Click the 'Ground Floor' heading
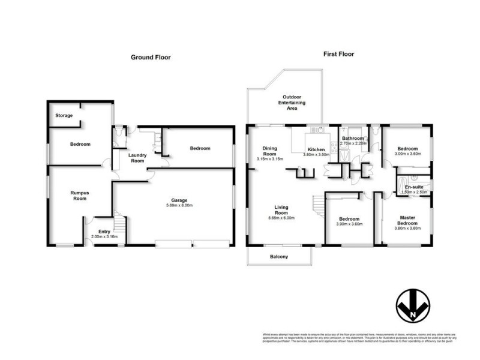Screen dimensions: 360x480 tap(151, 58)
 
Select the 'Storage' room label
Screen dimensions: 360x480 tap(64, 115)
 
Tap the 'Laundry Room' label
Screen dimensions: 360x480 tap(137, 158)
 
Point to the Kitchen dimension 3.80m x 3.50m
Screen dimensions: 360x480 tap(316, 154)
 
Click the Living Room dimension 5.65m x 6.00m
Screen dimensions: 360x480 tap(281, 218)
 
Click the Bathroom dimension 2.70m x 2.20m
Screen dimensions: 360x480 tap(352, 144)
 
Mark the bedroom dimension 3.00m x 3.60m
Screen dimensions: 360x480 tap(407, 154)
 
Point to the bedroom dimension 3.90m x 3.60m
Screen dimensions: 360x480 tap(349, 224)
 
